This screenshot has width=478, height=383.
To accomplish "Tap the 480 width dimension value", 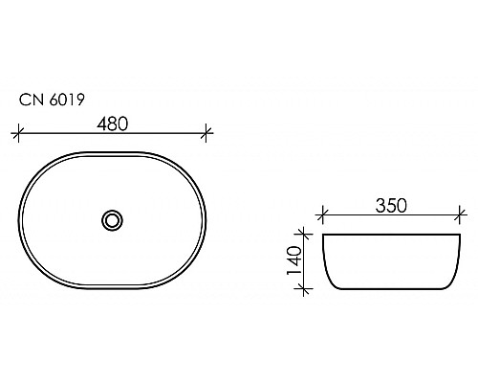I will tap(113, 122).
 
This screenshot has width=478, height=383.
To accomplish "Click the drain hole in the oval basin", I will tap(113, 220).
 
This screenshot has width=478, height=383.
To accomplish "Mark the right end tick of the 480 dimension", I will tap(207, 131).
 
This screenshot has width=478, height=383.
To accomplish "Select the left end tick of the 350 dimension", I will tap(324, 216).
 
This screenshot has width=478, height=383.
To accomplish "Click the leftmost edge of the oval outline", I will tap(21, 220).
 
